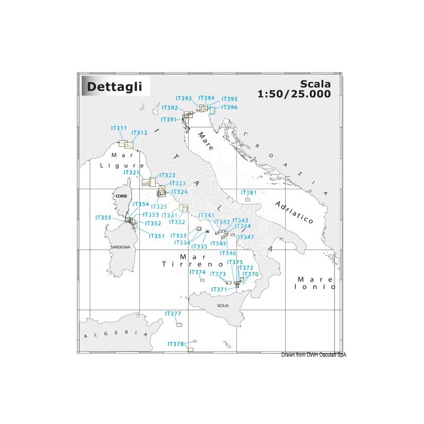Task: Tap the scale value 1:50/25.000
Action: pyautogui.click(x=302, y=94)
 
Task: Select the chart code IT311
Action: pyautogui.click(x=119, y=128)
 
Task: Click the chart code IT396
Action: pyautogui.click(x=229, y=107)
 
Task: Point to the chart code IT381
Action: pyautogui.click(x=249, y=192)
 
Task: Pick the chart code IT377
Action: pyautogui.click(x=173, y=313)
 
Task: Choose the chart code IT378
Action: pyautogui.click(x=175, y=344)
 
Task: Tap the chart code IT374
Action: pyautogui.click(x=197, y=272)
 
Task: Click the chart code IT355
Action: pyautogui.click(x=103, y=217)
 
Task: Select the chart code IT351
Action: pyautogui.click(x=157, y=236)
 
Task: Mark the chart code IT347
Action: pyautogui.click(x=246, y=236)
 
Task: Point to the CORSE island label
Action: pyautogui.click(x=120, y=195)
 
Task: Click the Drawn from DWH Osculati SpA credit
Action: pyautogui.click(x=314, y=355)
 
